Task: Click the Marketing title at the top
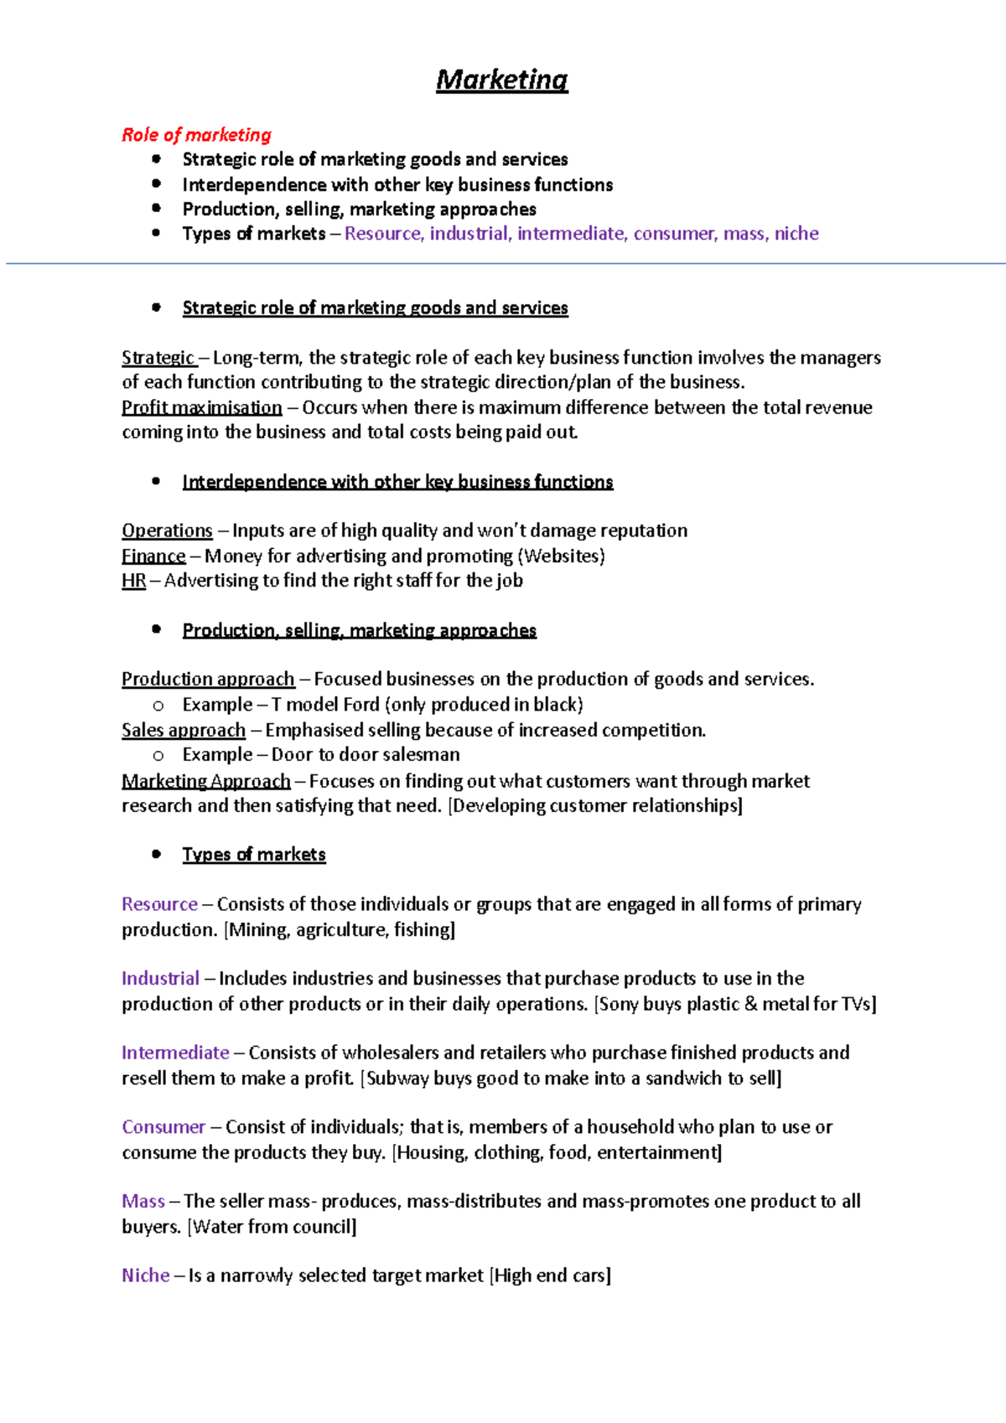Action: point(501,80)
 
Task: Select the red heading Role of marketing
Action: point(196,135)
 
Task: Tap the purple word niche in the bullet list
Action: point(796,234)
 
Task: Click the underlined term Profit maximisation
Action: point(201,407)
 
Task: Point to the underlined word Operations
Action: point(167,530)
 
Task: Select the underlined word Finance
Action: point(153,556)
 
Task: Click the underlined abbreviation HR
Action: point(133,580)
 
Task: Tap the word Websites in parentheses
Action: point(561,556)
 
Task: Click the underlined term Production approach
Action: point(208,679)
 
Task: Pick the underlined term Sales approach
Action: point(184,730)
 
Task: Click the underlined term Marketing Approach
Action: point(205,781)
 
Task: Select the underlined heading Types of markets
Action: point(254,855)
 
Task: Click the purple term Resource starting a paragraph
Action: point(159,904)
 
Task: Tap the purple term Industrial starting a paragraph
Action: point(160,979)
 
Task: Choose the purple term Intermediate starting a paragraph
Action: point(175,1053)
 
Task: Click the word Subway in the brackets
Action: point(397,1079)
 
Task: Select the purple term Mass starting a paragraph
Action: point(143,1201)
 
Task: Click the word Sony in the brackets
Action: point(619,1004)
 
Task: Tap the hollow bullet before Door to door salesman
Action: point(158,756)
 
